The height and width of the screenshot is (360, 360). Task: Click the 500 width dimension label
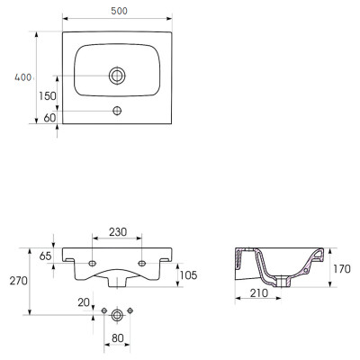pyautogui.click(x=119, y=11)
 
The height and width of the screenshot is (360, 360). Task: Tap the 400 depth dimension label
pyautogui.click(x=23, y=77)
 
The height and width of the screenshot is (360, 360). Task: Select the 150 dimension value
pyautogui.click(x=48, y=96)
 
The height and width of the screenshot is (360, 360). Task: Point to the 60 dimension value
pyautogui.click(x=49, y=118)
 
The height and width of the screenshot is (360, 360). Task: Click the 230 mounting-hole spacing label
pyautogui.click(x=118, y=232)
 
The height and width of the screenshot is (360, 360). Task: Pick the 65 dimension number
pyautogui.click(x=45, y=256)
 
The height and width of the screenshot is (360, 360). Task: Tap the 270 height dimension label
pyautogui.click(x=19, y=281)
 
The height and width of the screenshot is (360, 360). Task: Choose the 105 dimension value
pyautogui.click(x=189, y=275)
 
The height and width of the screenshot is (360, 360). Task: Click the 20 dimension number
pyautogui.click(x=84, y=302)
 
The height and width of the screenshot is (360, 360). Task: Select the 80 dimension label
pyautogui.click(x=118, y=338)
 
